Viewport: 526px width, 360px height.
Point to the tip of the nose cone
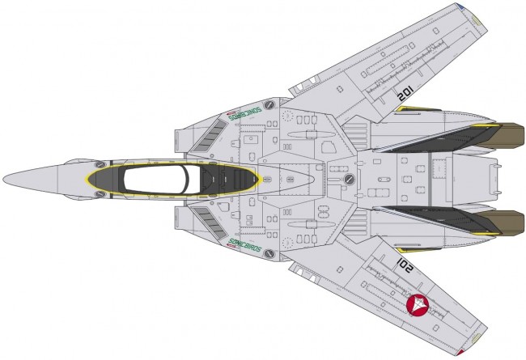(x=5, y=180)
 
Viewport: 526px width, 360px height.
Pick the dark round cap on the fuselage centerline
(x=350, y=179)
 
